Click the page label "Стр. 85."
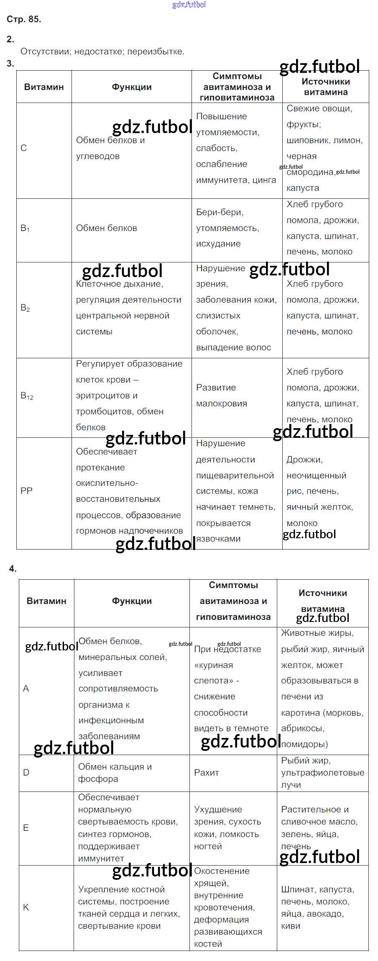[24, 19]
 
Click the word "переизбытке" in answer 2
[156, 51]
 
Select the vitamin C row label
[24, 148]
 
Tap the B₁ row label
[25, 229]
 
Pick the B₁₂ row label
[27, 396]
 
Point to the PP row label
[26, 491]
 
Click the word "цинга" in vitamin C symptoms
[264, 180]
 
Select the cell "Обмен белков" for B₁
[107, 228]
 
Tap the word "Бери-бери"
[220, 212]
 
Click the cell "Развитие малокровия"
[222, 396]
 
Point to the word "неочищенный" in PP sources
[316, 475]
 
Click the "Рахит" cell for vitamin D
[207, 773]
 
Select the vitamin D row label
[26, 773]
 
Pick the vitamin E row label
[26, 827]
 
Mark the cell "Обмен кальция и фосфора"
[115, 773]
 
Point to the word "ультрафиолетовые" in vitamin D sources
[322, 773]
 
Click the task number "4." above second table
[13, 569]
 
